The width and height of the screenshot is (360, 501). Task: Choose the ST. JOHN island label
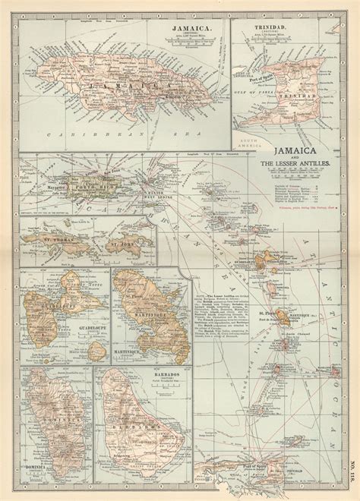119,244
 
